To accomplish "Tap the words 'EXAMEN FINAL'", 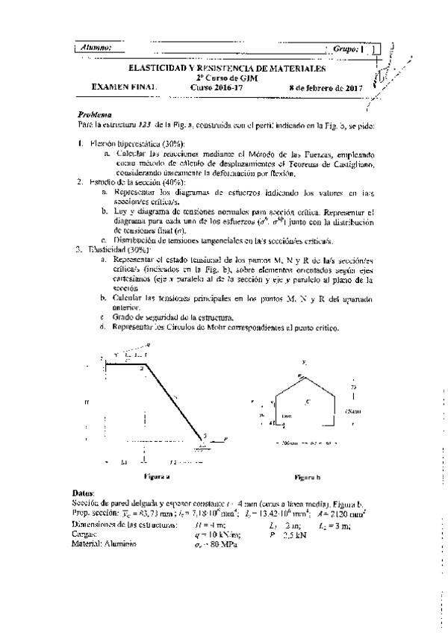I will [124, 87].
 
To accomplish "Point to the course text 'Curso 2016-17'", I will [217, 87].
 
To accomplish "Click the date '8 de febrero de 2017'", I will [325, 87].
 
